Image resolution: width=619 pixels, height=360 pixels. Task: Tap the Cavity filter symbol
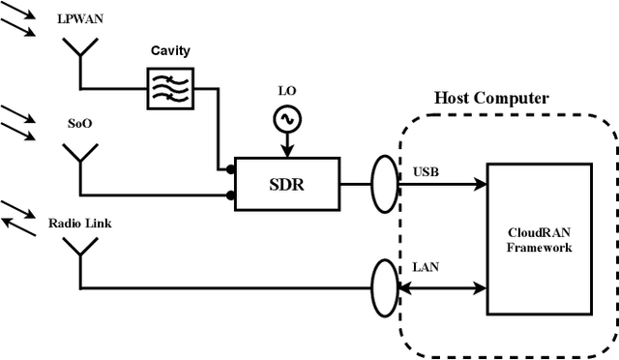[x=169, y=87]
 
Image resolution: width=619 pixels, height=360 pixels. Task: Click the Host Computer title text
[x=490, y=99]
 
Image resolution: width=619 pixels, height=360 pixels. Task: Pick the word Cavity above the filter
[x=170, y=50]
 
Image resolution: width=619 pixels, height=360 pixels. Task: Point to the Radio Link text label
[x=79, y=224]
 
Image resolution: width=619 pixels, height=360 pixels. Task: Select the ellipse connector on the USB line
[x=385, y=182]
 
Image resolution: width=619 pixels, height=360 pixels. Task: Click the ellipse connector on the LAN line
[x=385, y=286]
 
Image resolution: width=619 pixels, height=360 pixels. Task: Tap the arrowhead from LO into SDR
[x=287, y=149]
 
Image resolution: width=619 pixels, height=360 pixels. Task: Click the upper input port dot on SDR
[x=230, y=169]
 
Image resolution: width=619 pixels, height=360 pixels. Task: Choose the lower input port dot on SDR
[x=230, y=195]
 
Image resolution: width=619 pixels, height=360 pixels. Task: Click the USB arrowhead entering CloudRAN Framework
[x=480, y=182]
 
